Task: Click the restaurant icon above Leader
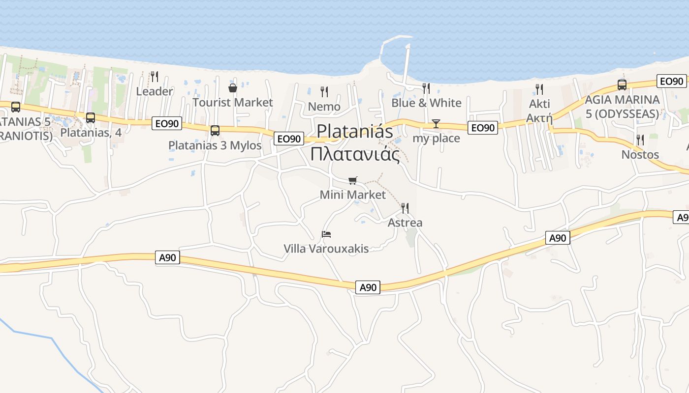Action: [x=155, y=76]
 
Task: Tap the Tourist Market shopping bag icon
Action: [x=233, y=88]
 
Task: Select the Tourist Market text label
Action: [x=232, y=102]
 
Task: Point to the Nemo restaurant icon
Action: [x=324, y=91]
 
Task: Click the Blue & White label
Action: [x=426, y=103]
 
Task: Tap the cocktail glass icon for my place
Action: [x=436, y=123]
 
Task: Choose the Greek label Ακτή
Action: [x=539, y=118]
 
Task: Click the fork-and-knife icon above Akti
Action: [x=539, y=89]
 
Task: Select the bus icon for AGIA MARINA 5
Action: [x=622, y=85]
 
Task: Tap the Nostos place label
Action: [x=640, y=154]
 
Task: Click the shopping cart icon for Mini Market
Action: [x=353, y=180]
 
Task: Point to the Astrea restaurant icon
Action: [x=405, y=208]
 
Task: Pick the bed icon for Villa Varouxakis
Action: [x=326, y=234]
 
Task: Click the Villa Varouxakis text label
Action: [x=326, y=249]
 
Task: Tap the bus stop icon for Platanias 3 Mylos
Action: [x=215, y=131]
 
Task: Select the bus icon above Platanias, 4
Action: [x=91, y=118]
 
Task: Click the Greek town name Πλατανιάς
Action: [x=355, y=154]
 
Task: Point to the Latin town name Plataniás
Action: [x=355, y=131]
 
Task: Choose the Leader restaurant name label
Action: [x=155, y=91]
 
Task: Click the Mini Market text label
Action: [x=353, y=195]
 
